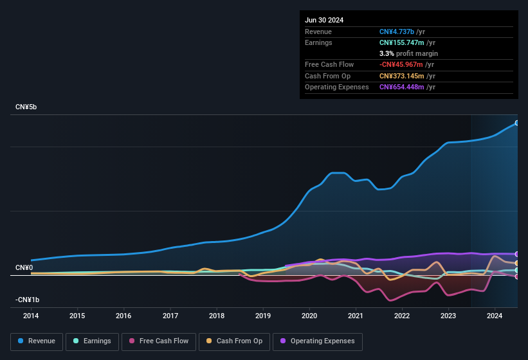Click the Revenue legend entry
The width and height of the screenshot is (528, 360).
click(x=37, y=341)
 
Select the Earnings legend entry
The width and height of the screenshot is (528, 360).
click(x=93, y=341)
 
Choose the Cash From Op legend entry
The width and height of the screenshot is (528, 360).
click(x=234, y=341)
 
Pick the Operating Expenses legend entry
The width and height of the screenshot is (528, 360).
click(x=318, y=341)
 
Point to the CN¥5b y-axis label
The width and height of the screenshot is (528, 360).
click(x=26, y=107)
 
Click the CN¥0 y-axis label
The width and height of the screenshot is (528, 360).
click(x=24, y=267)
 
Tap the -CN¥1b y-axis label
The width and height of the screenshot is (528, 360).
click(x=28, y=300)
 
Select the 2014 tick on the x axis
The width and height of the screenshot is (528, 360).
click(x=31, y=316)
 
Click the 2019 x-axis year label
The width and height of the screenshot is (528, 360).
click(x=263, y=316)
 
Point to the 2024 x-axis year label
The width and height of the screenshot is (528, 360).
click(x=495, y=316)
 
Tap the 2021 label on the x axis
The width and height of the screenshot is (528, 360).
click(x=356, y=316)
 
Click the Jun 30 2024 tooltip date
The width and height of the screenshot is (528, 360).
click(x=324, y=20)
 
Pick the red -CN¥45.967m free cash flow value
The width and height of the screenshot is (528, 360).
click(x=402, y=64)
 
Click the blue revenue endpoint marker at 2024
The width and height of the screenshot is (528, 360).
click(x=516, y=123)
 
